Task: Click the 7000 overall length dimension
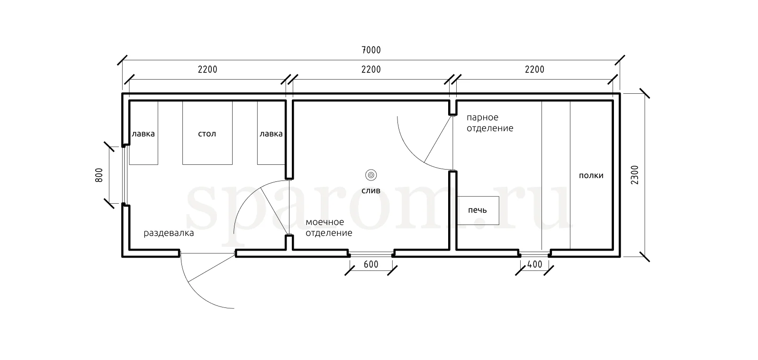tap(371, 50)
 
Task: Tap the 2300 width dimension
tap(635, 175)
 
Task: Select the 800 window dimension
tap(99, 175)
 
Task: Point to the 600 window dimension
tap(371, 264)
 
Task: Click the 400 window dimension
tap(535, 264)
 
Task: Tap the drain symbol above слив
tap(371, 175)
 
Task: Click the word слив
tap(371, 191)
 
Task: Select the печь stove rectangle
tap(478, 210)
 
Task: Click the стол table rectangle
tap(208, 133)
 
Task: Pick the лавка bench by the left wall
tap(144, 133)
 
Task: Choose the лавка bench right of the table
tap(271, 133)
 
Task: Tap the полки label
tap(591, 176)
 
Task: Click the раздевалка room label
tap(169, 233)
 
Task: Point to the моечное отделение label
tap(329, 227)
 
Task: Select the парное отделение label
tap(490, 123)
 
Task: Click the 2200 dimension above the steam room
tap(535, 69)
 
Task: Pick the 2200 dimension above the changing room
tap(208, 69)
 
